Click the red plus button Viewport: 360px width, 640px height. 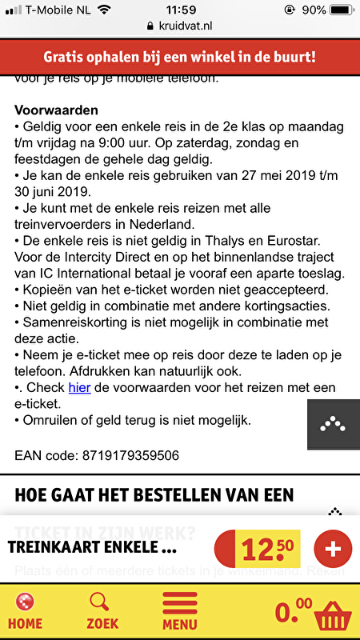[x=333, y=549]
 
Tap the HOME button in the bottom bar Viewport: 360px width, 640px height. [x=25, y=610]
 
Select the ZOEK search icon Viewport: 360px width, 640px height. [x=102, y=610]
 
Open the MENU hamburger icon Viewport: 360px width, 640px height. [x=180, y=610]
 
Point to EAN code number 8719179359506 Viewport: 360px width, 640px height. [x=130, y=456]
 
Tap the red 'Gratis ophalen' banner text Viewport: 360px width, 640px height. [x=180, y=57]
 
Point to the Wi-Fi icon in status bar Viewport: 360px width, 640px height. [x=104, y=10]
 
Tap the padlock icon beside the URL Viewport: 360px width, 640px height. [x=150, y=26]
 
